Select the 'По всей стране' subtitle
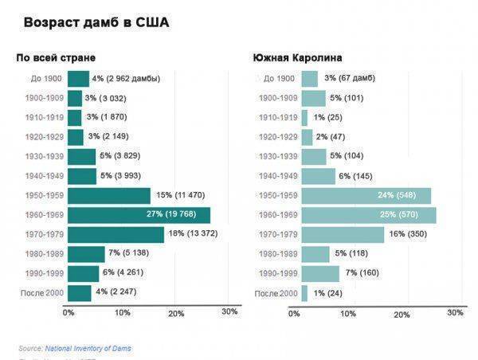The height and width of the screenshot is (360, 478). click(56, 58)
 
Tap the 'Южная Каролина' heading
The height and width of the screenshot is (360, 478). click(298, 58)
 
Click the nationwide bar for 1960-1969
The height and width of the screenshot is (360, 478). click(139, 215)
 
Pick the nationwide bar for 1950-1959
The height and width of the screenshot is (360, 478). click(109, 196)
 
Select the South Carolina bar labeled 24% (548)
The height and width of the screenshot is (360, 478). click(366, 196)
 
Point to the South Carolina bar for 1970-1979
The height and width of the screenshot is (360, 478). click(344, 235)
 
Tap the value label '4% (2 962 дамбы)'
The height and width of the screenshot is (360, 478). click(126, 79)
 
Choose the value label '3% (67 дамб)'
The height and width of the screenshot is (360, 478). click(350, 78)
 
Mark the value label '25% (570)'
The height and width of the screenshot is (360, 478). click(405, 215)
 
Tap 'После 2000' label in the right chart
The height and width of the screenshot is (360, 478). click(276, 294)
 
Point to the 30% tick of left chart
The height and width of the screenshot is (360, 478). click(229, 312)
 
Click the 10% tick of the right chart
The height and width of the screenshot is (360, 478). click(348, 313)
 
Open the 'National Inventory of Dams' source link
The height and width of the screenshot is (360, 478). click(88, 348)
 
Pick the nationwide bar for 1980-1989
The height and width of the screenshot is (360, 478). click(86, 254)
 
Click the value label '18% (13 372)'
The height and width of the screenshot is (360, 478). click(196, 234)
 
